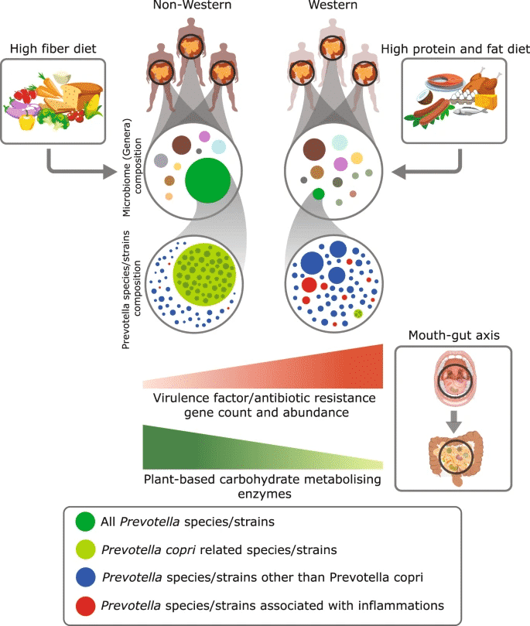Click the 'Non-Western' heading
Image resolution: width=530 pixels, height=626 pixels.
(192, 5)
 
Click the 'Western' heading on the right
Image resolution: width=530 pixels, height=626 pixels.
(333, 5)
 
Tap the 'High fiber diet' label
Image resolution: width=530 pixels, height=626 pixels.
(53, 49)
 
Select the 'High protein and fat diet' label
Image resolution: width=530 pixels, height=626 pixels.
(456, 49)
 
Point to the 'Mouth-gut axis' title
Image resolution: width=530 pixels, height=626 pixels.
(453, 335)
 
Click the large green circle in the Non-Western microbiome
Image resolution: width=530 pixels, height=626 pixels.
(208, 180)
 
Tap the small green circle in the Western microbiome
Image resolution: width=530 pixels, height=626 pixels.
(319, 194)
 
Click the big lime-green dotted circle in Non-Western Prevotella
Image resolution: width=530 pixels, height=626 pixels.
(204, 275)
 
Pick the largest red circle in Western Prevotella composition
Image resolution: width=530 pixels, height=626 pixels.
(309, 285)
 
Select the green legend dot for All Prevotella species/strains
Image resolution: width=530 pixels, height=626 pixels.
(85, 522)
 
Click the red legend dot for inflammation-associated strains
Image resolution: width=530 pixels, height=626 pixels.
(85, 606)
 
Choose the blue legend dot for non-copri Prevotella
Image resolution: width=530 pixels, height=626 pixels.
(85, 577)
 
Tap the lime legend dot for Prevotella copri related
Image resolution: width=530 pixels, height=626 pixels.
(85, 549)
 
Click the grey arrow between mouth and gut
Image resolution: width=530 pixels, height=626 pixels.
(453, 422)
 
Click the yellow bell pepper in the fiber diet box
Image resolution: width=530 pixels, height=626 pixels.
(27, 120)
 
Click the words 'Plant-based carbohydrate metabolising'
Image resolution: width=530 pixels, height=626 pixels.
(262, 480)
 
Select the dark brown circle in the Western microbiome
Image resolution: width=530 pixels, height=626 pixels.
(314, 149)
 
